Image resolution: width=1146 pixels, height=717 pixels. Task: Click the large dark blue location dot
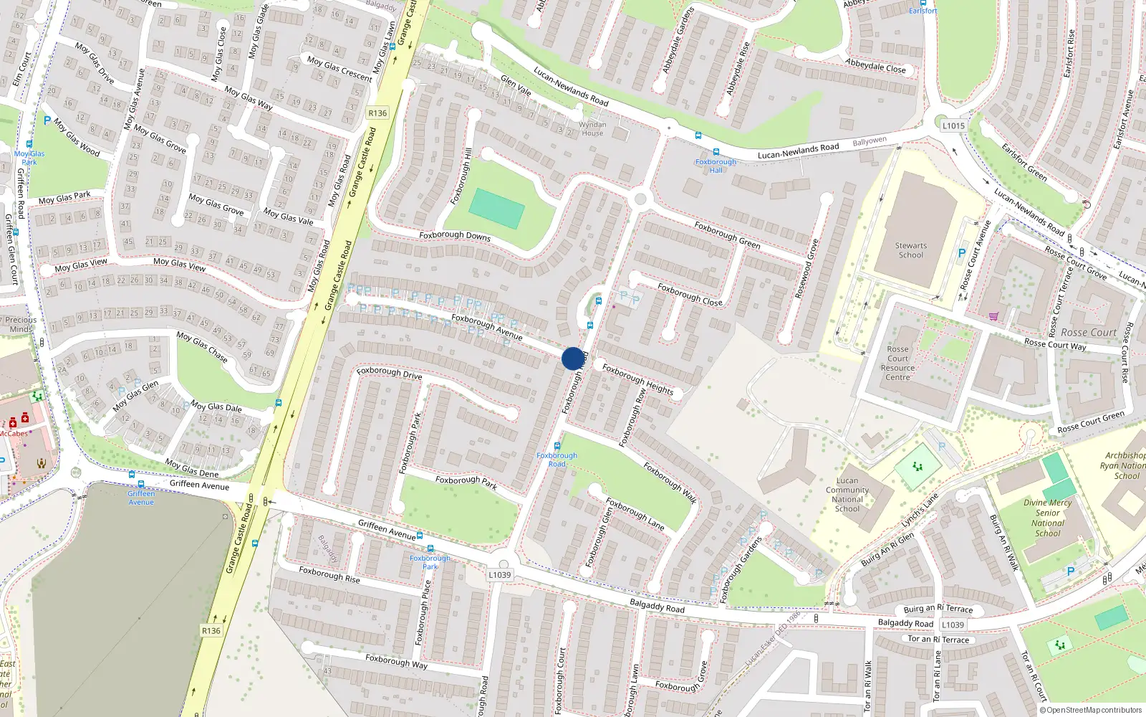point(572,358)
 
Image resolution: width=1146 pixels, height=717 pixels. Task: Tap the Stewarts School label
point(910,250)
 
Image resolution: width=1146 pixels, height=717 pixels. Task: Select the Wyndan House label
point(592,129)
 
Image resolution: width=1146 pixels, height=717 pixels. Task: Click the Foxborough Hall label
point(716,166)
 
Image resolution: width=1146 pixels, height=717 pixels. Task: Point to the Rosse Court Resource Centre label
point(897,364)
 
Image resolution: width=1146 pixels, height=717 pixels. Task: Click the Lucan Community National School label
point(847,495)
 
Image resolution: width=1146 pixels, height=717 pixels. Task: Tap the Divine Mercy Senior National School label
point(1047,518)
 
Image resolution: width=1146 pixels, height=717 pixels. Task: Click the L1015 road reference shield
point(953,125)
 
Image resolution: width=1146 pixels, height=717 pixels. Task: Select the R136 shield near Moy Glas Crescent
point(377,113)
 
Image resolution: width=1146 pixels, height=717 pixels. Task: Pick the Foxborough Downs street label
point(455,236)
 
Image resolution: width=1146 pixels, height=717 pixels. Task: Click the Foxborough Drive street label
point(389,373)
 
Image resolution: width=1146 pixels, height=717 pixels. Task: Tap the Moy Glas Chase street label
point(202,347)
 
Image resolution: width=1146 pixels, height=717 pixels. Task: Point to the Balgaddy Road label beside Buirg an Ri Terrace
point(905,623)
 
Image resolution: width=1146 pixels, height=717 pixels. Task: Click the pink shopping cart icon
point(993,316)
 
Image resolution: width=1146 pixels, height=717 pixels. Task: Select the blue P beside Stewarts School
point(962,253)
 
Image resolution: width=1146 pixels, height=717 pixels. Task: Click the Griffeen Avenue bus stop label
point(141,498)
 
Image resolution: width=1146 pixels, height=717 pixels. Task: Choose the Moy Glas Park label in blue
point(29,158)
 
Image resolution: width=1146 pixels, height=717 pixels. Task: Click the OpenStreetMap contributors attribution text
point(1094,711)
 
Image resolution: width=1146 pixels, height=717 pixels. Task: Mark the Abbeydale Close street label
point(875,66)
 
